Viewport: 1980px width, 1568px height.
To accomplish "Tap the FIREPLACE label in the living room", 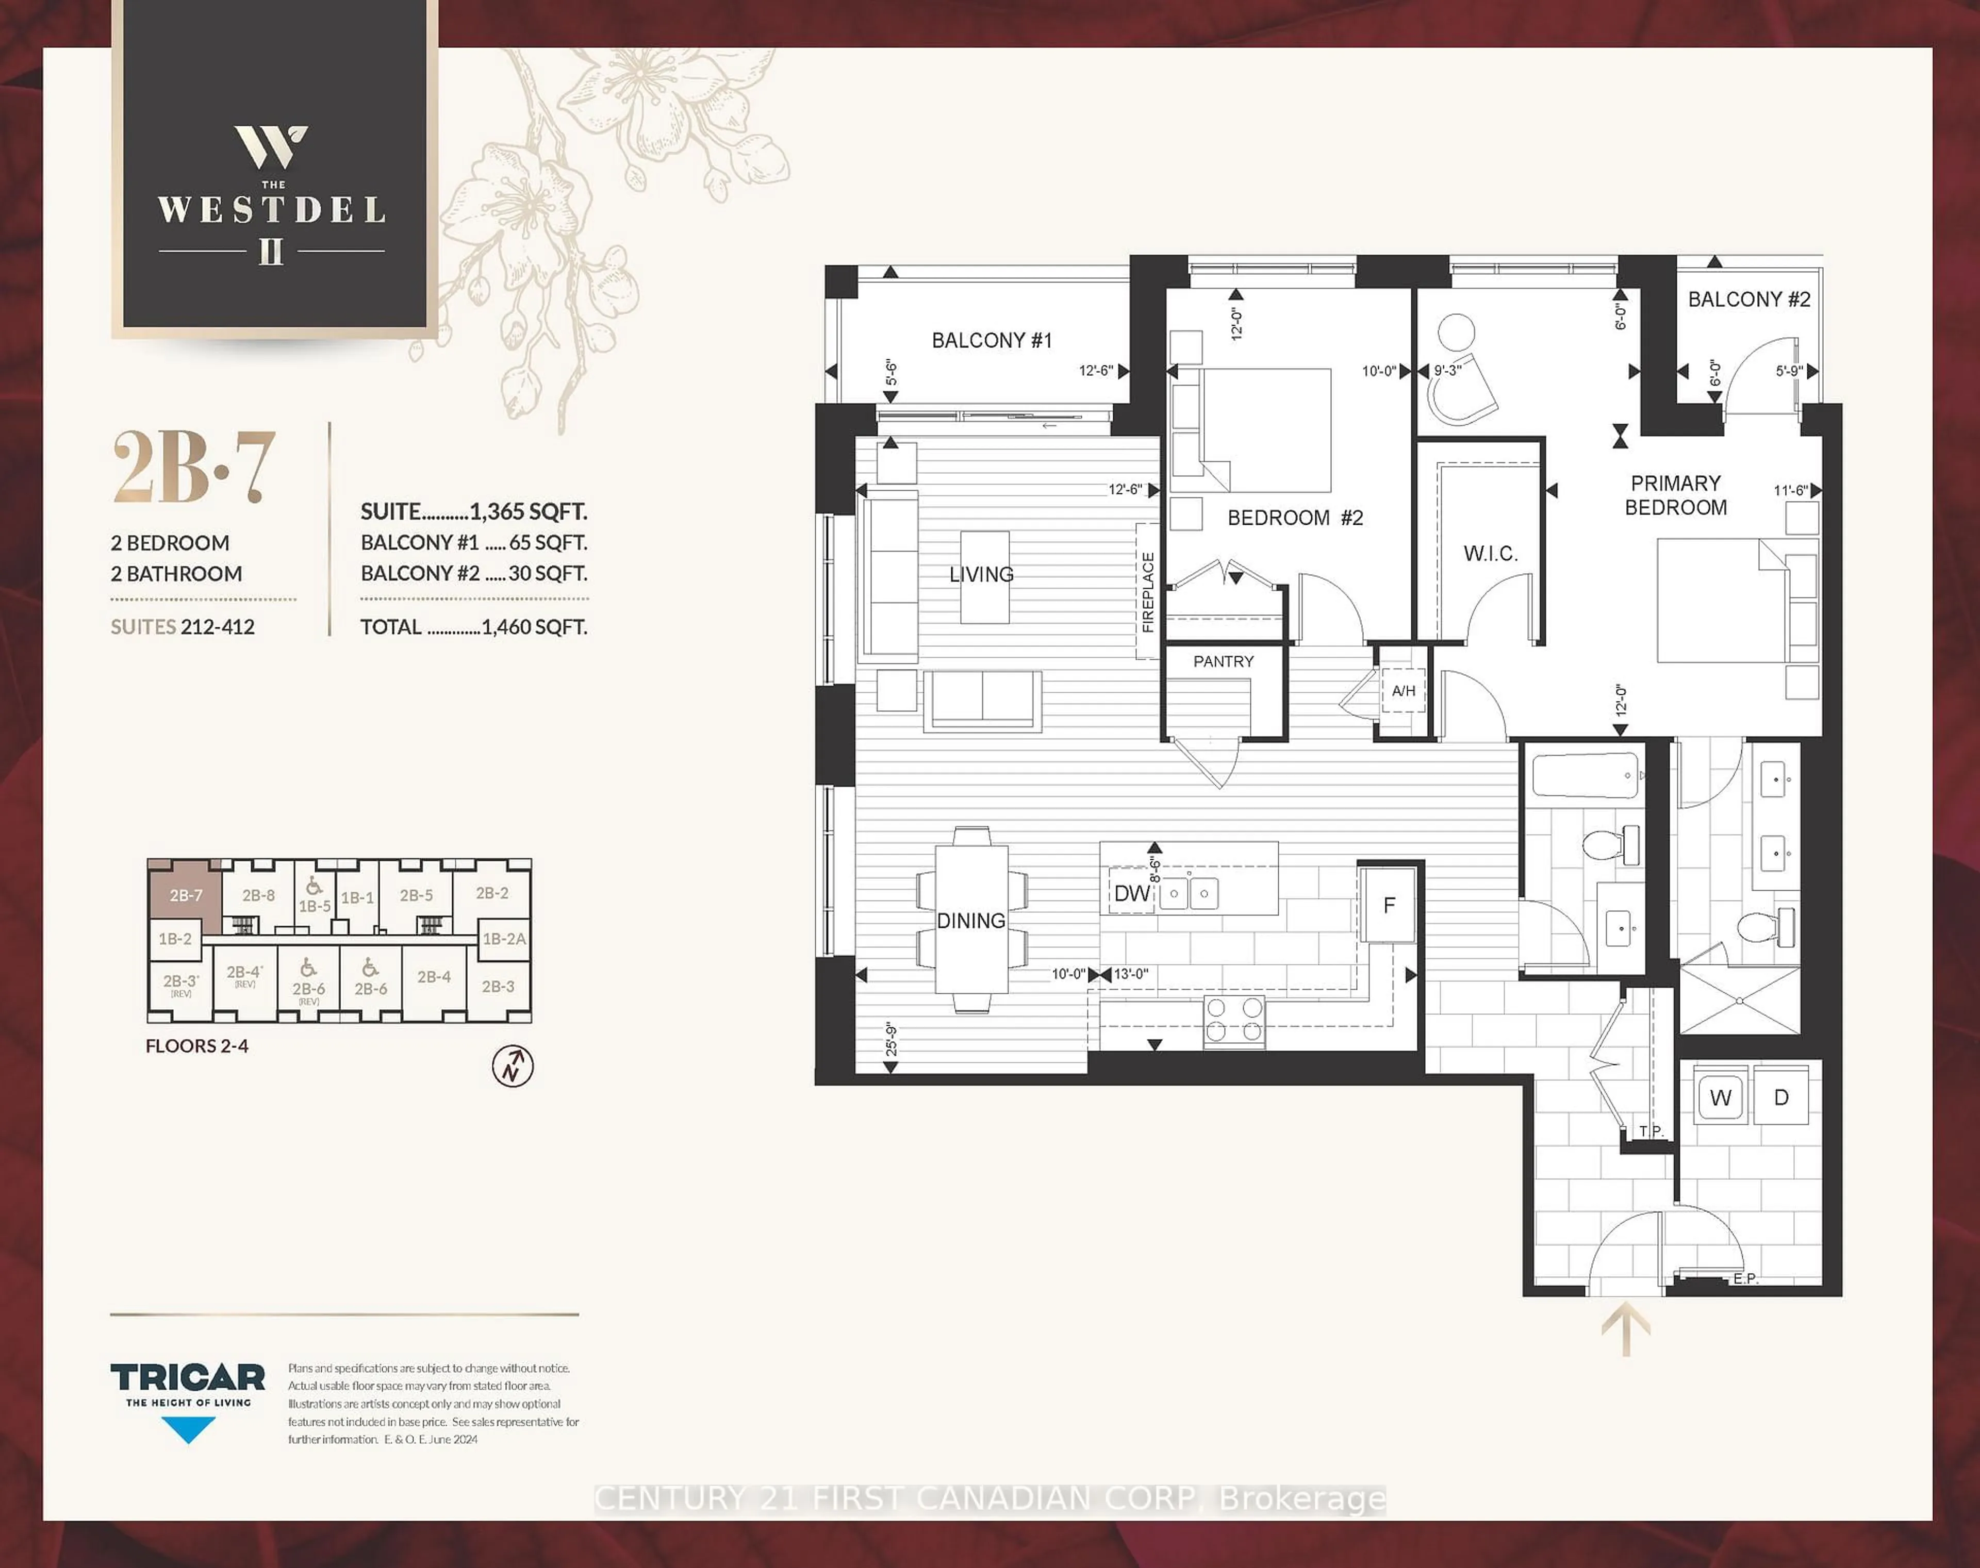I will coord(1148,592).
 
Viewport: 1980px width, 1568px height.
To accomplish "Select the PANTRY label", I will coord(1223,661).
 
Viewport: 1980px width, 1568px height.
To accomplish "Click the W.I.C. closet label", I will coord(1490,554).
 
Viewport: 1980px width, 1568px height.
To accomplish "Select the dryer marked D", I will coord(1781,1097).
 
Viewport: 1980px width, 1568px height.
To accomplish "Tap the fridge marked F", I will coord(1389,905).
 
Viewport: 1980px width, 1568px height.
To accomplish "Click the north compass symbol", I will coord(513,1066).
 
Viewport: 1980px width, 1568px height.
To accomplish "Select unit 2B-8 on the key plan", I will coord(258,895).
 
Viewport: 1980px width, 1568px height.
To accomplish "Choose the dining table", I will coord(971,920).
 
